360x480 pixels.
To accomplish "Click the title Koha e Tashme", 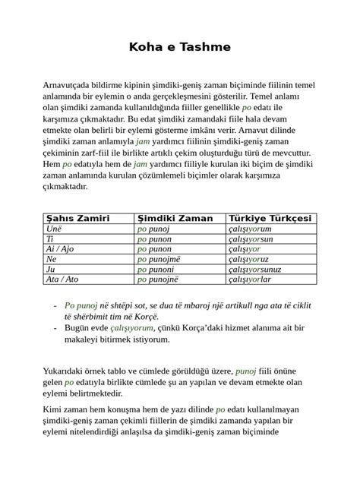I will click(180, 48).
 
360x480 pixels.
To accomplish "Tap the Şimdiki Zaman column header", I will click(175, 218).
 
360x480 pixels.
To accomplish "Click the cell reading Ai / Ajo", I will click(61, 248).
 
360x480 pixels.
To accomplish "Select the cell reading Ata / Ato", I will click(62, 279).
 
